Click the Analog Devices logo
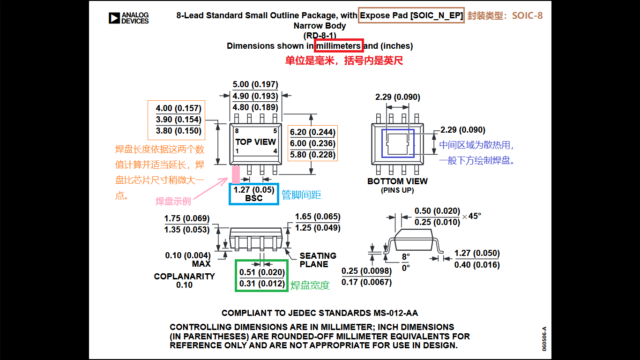click(x=128, y=18)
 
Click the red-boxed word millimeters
click(x=339, y=46)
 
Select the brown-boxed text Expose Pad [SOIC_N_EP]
click(x=411, y=15)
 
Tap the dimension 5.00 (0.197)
click(x=255, y=85)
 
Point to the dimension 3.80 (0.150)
click(x=179, y=131)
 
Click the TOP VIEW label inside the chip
click(x=255, y=142)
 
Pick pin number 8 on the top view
click(x=237, y=131)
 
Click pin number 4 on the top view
click(x=275, y=151)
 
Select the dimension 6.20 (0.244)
click(x=312, y=132)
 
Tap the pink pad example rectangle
click(x=236, y=174)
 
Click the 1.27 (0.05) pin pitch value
click(x=254, y=190)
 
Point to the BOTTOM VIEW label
click(x=397, y=181)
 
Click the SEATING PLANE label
click(x=318, y=260)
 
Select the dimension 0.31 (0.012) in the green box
click(x=262, y=284)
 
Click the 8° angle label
click(x=405, y=257)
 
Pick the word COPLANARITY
click(x=184, y=277)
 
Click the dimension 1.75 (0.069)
click(x=187, y=218)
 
